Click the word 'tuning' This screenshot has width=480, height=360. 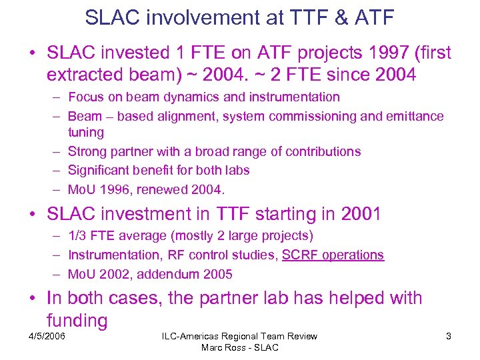(x=86, y=133)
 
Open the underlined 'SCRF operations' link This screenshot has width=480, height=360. (x=333, y=255)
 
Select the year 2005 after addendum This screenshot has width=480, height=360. (x=218, y=273)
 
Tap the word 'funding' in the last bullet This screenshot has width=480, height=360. (x=77, y=320)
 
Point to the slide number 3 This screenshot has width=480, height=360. (x=448, y=337)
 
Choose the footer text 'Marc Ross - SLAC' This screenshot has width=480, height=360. (x=239, y=348)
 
